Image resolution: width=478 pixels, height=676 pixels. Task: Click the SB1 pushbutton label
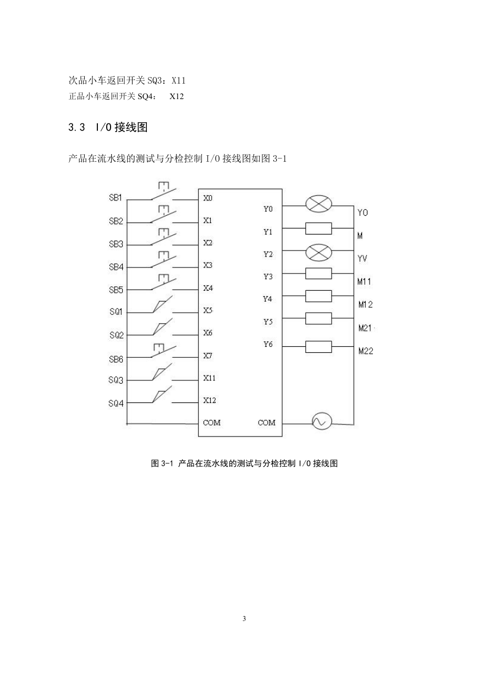pos(115,198)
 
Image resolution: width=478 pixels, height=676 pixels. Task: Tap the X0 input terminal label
pos(207,198)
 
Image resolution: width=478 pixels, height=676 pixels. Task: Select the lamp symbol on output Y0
pos(318,204)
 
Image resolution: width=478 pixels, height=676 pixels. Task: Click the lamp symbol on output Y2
pos(318,253)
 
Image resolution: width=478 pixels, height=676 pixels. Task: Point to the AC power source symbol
pos(322,421)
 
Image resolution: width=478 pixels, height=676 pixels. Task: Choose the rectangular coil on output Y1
pos(318,228)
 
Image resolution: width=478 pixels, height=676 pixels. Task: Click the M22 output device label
pos(365,351)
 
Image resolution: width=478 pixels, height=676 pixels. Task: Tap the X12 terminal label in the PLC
pos(209,400)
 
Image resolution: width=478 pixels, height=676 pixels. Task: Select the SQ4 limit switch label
pos(116,404)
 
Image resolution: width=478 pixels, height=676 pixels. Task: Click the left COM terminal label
pos(212,423)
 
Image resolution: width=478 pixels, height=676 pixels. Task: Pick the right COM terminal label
pos(267,423)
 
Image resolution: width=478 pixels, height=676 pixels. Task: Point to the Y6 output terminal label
pos(268,345)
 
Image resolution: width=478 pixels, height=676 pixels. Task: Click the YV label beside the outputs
pos(362,259)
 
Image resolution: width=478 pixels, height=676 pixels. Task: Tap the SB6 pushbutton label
pos(116,359)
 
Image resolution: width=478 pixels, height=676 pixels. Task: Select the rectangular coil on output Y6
pos(318,347)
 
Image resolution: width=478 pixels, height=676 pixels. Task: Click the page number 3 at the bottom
pos(244,619)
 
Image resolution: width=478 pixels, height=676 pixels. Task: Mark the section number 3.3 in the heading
pos(76,127)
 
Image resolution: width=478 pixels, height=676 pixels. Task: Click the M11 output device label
pos(364,282)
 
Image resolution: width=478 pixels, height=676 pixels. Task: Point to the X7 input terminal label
pos(207,356)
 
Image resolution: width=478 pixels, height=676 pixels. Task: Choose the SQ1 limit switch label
pos(116,312)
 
